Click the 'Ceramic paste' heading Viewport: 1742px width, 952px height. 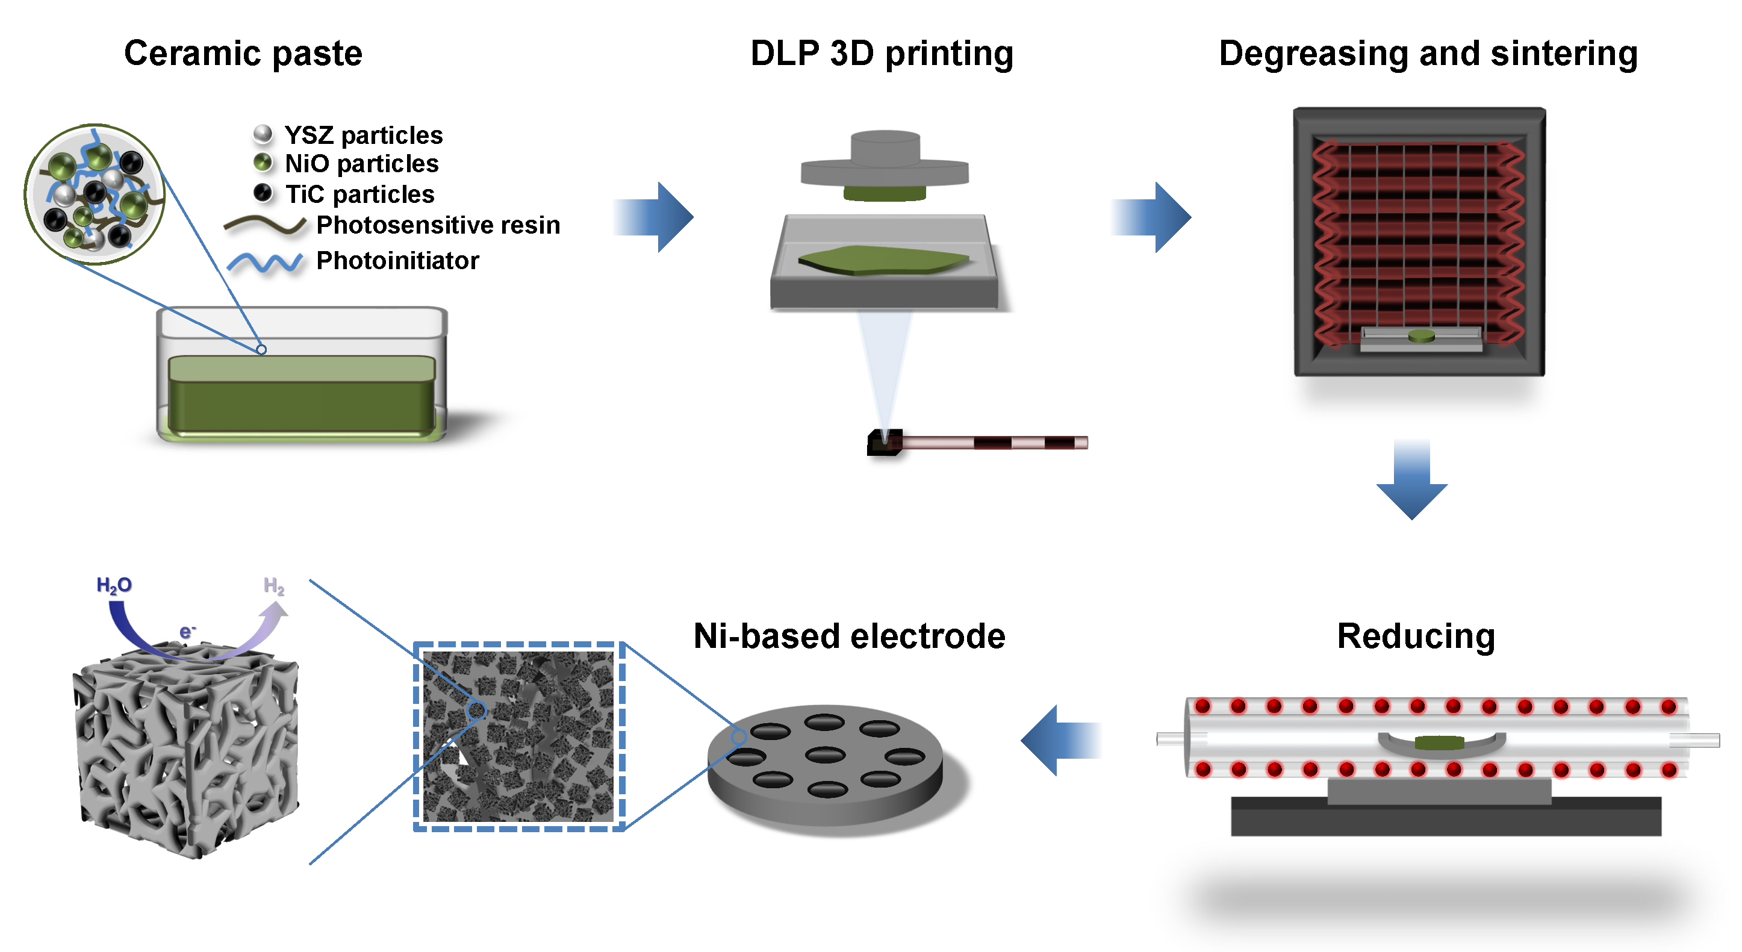pyautogui.click(x=243, y=54)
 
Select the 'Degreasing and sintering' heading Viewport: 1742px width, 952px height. pyautogui.click(x=1428, y=54)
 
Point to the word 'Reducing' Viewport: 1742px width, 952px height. pyautogui.click(x=1416, y=636)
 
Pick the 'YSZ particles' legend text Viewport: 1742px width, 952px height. pyautogui.click(x=363, y=135)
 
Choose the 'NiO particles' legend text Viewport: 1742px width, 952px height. pyautogui.click(x=361, y=164)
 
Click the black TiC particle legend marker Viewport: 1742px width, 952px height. pyautogui.click(x=263, y=193)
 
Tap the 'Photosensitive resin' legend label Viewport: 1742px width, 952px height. pyautogui.click(x=438, y=225)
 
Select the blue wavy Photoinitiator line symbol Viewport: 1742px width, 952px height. pyautogui.click(x=264, y=262)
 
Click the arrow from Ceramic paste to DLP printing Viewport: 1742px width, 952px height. pyautogui.click(x=654, y=217)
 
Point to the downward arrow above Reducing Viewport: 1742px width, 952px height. pyautogui.click(x=1411, y=480)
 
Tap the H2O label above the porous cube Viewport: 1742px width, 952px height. pyautogui.click(x=114, y=585)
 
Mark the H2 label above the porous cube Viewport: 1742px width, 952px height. pyautogui.click(x=273, y=585)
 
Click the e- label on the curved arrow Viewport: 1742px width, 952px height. pyautogui.click(x=187, y=632)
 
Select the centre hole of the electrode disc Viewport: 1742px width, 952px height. pyautogui.click(x=825, y=754)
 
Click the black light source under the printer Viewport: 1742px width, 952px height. pyautogui.click(x=884, y=442)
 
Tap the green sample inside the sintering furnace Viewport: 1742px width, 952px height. pyautogui.click(x=1421, y=335)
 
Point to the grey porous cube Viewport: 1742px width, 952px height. pyautogui.click(x=186, y=750)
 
